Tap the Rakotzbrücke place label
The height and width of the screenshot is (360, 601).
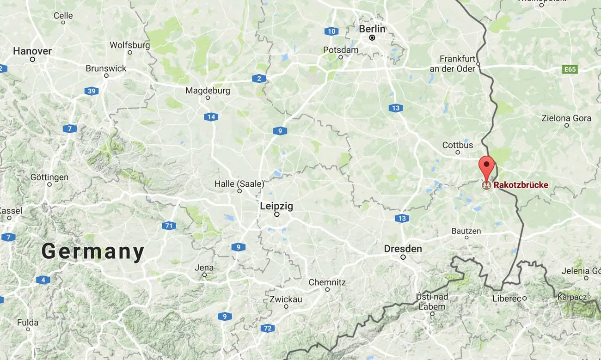[521, 185]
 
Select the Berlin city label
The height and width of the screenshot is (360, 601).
[372, 29]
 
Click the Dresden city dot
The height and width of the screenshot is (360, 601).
[403, 257]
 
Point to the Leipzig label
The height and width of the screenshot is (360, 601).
[276, 206]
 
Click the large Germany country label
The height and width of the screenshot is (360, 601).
[92, 252]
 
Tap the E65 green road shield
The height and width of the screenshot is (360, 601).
[570, 69]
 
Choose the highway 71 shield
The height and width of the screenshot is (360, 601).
[169, 226]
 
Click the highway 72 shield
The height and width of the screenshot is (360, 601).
[267, 329]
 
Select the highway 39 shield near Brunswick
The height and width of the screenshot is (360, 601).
[92, 91]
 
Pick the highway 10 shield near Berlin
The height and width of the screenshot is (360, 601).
[331, 31]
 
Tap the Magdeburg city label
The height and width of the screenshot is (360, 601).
[208, 91]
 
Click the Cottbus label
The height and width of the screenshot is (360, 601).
[458, 145]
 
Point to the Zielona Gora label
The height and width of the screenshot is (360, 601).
[566, 118]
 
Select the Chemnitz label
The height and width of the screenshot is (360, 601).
[327, 282]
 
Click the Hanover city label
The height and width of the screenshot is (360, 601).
[32, 51]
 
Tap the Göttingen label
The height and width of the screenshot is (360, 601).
[49, 177]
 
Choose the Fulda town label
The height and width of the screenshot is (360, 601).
[28, 323]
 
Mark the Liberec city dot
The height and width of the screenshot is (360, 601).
[524, 299]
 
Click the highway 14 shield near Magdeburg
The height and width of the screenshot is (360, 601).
[211, 117]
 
